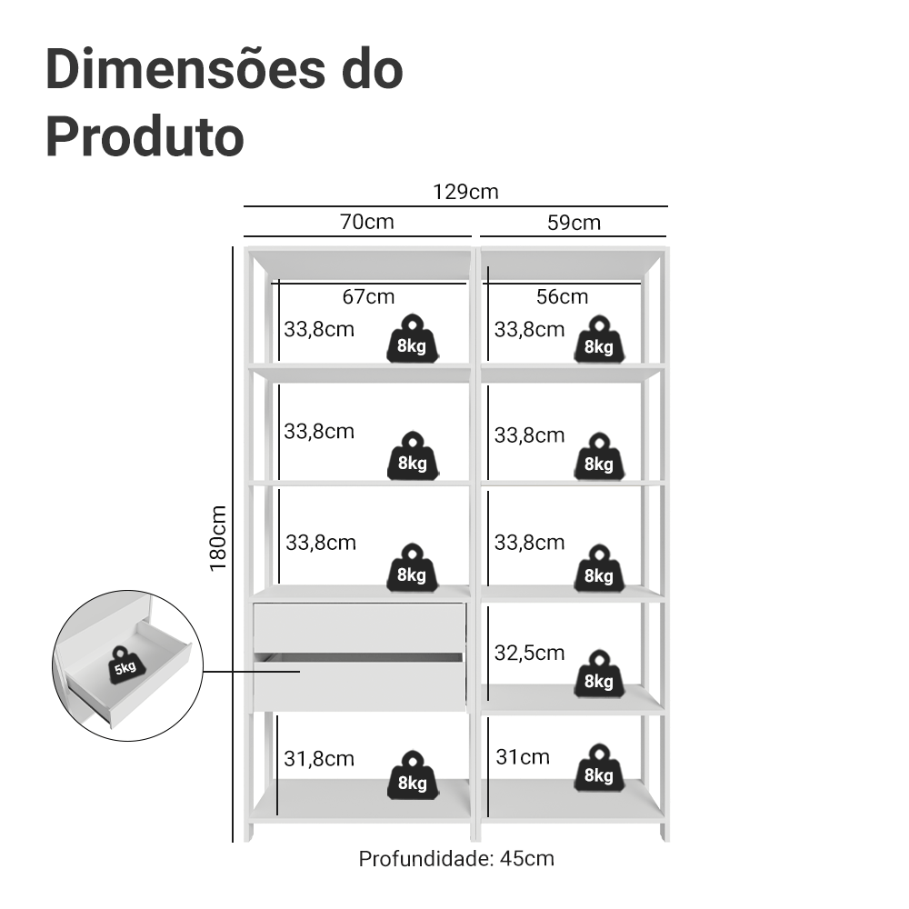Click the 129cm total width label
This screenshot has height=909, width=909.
coord(465,192)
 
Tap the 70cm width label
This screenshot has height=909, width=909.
coord(367,222)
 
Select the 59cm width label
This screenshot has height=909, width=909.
coord(574,223)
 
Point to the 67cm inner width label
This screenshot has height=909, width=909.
coord(368,296)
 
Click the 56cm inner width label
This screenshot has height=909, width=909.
coord(562,296)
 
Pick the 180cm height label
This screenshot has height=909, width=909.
coord(218,538)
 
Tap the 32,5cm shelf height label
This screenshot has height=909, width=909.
coord(529,653)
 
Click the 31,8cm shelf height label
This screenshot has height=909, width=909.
coord(318,758)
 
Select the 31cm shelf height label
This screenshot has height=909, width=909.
coord(523,756)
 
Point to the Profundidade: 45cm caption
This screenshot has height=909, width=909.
coord(456,858)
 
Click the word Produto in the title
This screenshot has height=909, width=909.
coord(145,136)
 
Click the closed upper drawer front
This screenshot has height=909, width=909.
coord(359,624)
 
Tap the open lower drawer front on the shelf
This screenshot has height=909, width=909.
coord(359,684)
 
